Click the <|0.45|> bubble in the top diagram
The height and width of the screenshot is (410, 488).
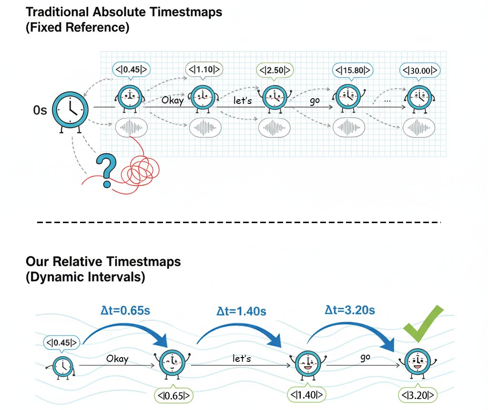coord(130,70)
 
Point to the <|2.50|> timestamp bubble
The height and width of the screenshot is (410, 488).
coord(274,71)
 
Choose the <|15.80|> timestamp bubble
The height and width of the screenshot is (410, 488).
coord(353,71)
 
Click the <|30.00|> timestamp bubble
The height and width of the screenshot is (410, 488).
coord(419,71)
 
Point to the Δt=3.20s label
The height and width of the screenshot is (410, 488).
coord(350,310)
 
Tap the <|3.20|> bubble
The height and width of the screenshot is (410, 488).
coord(418,395)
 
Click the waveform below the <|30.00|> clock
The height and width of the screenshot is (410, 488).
coord(419,127)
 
